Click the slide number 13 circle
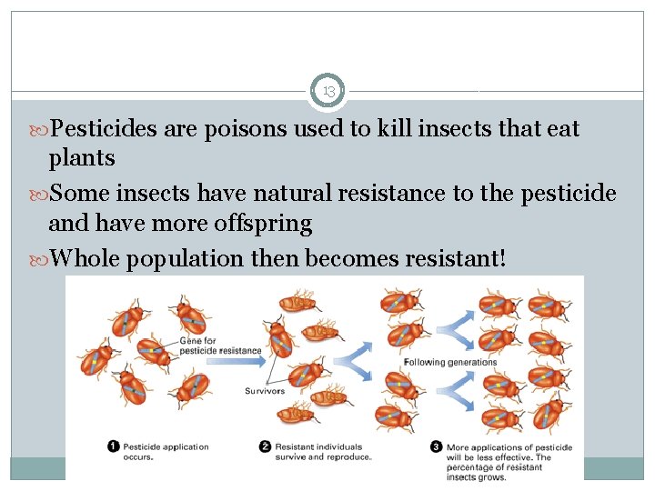click(x=327, y=92)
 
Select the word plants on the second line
click(x=82, y=158)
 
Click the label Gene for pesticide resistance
click(x=219, y=346)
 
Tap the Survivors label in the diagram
click(x=265, y=392)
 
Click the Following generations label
click(x=450, y=362)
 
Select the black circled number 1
click(x=113, y=446)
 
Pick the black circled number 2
click(x=265, y=446)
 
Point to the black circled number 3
click(x=437, y=446)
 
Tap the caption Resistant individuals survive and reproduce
click(x=323, y=451)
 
